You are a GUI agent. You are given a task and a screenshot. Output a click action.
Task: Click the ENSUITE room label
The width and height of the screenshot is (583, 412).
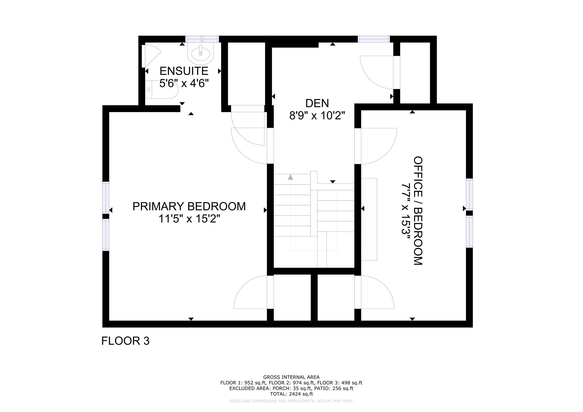click(184, 71)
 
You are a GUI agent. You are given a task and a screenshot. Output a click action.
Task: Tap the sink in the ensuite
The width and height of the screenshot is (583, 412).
click(201, 53)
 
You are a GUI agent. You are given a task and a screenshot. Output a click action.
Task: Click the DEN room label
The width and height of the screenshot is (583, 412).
click(317, 103)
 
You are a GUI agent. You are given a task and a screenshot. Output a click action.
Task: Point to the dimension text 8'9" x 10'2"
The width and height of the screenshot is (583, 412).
click(317, 116)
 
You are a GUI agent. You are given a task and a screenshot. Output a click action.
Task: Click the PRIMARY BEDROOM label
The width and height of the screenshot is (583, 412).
click(189, 206)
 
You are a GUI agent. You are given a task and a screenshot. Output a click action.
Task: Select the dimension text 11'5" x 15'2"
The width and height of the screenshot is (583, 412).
click(189, 219)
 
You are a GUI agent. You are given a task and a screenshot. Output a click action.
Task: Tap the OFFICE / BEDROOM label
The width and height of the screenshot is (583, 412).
click(418, 211)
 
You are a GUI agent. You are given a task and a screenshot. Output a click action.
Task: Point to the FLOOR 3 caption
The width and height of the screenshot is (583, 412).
click(125, 341)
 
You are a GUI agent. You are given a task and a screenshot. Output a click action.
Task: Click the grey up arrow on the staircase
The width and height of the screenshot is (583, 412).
click(290, 177)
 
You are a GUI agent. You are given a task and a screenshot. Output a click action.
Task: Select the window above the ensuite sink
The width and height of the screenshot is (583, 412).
click(202, 39)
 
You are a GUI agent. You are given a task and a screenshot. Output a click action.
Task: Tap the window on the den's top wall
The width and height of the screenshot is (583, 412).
click(374, 39)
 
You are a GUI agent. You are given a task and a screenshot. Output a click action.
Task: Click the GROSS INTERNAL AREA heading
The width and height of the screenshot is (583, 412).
click(291, 377)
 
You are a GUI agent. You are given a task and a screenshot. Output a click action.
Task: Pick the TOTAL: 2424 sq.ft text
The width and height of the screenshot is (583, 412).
click(291, 394)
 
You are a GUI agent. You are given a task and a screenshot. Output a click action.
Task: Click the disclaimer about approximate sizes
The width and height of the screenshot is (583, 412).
click(291, 401)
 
